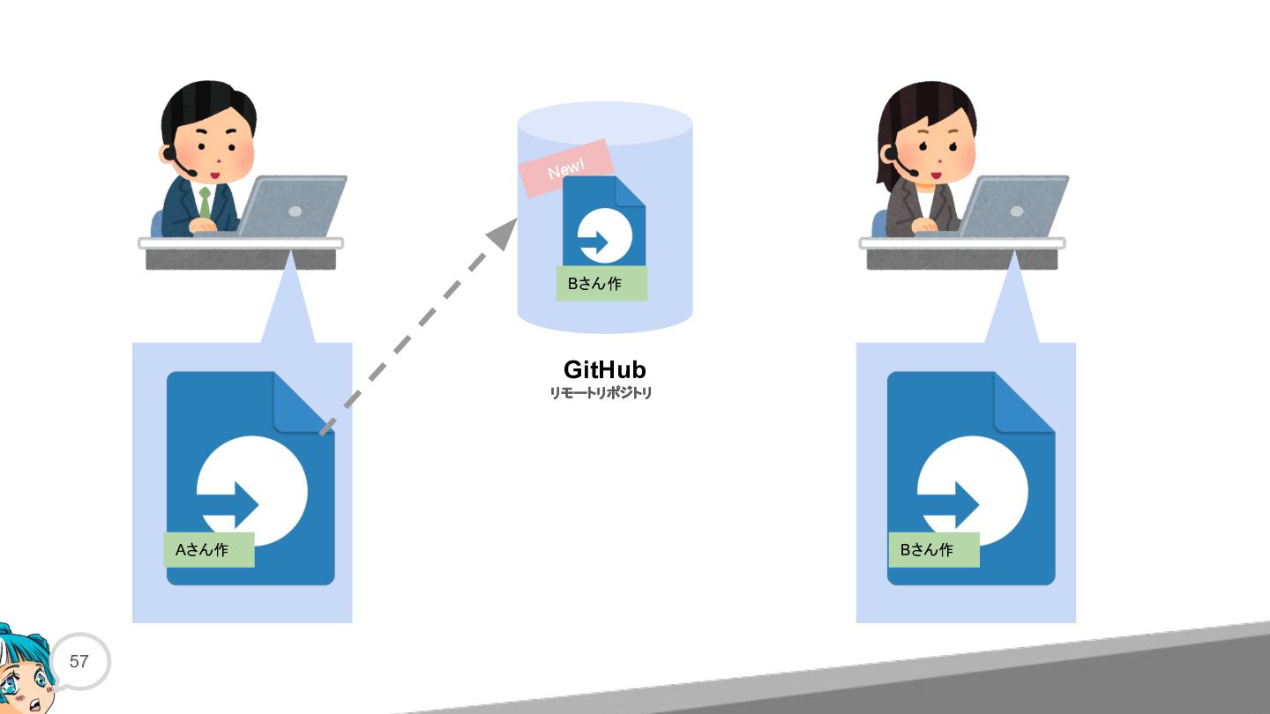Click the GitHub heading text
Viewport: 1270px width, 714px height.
click(604, 370)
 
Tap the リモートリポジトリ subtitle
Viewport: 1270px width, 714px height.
click(601, 393)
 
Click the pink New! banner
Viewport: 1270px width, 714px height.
click(566, 168)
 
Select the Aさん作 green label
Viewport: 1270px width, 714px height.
click(209, 550)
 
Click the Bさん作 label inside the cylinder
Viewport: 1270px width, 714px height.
click(601, 283)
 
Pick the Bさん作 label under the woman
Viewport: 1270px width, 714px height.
click(934, 550)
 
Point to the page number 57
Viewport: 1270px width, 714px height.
click(78, 661)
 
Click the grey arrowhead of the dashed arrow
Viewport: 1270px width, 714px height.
click(503, 234)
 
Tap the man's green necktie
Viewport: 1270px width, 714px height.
click(205, 203)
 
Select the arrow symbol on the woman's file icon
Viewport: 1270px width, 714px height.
click(948, 504)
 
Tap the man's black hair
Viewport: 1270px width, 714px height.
click(207, 108)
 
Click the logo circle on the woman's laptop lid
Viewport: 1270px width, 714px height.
click(1017, 212)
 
